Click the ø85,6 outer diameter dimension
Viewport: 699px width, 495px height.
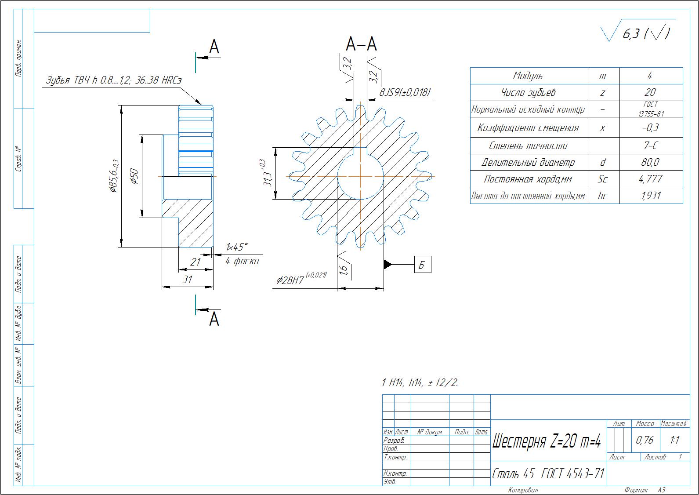(x=113, y=176)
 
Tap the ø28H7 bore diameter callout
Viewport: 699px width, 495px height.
(x=301, y=279)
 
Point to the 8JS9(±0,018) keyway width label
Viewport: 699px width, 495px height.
(x=405, y=92)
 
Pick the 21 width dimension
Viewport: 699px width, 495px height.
(x=195, y=262)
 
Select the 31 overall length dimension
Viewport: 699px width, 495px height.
(x=188, y=280)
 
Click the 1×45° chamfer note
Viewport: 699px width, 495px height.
(x=237, y=247)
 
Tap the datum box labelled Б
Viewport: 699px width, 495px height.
(x=422, y=265)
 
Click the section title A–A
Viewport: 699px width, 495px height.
(x=361, y=44)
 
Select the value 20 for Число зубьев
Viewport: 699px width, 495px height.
(x=650, y=92)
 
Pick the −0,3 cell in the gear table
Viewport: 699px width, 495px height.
(x=650, y=128)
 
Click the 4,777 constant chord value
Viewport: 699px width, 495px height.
(x=650, y=179)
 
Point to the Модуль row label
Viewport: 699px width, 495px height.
(x=528, y=76)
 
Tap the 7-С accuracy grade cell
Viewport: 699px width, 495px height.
(x=650, y=146)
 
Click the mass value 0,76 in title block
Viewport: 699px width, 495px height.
(x=645, y=440)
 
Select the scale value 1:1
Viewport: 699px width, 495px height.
(x=675, y=440)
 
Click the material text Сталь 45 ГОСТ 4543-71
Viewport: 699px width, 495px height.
(x=548, y=474)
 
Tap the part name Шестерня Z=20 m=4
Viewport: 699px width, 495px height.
(x=547, y=441)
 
